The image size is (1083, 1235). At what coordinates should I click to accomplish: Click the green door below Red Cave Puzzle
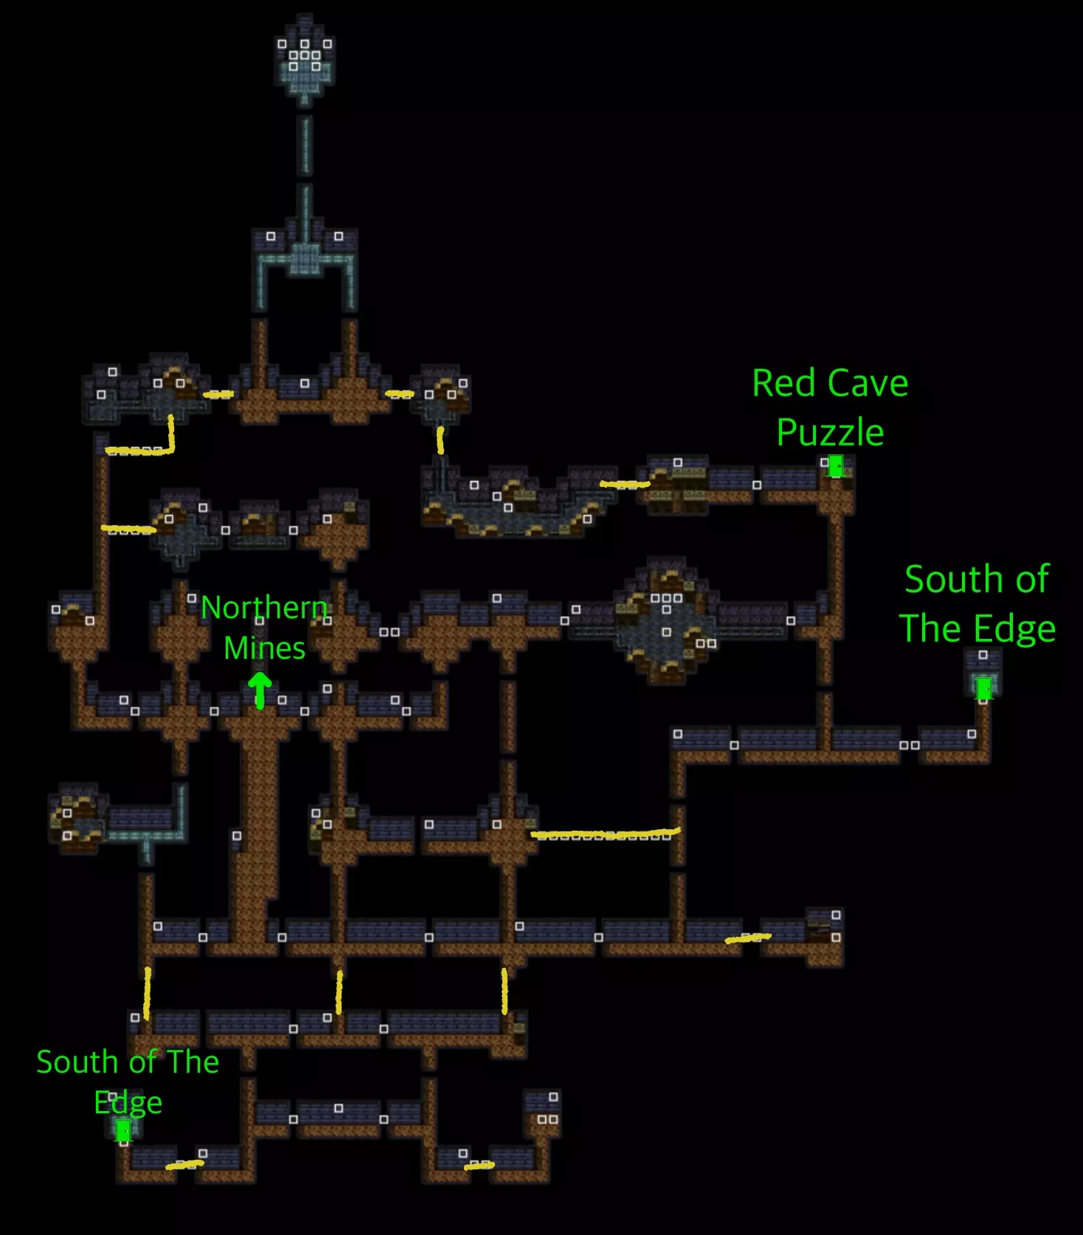pyautogui.click(x=836, y=466)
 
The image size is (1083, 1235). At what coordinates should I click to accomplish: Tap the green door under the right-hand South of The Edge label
pyautogui.click(x=983, y=688)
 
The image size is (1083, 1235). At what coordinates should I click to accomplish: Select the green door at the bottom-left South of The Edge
pyautogui.click(x=123, y=1130)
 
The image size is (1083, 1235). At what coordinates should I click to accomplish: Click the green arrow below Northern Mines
pyautogui.click(x=259, y=690)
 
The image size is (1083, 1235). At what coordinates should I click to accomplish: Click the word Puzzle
pyautogui.click(x=830, y=432)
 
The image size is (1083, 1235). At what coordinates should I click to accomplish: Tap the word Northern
pyautogui.click(x=264, y=608)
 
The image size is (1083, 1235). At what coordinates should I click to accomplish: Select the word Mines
pyautogui.click(x=264, y=648)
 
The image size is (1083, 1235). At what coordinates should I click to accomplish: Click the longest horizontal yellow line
pyautogui.click(x=605, y=834)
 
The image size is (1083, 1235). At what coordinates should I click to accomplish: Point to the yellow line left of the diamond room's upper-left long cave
pyautogui.click(x=624, y=485)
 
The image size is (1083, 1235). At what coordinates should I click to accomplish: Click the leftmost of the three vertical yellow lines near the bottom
pyautogui.click(x=148, y=992)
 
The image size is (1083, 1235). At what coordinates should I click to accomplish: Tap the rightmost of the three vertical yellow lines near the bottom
pyautogui.click(x=505, y=991)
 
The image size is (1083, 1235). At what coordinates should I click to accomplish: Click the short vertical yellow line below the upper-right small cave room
pyautogui.click(x=440, y=440)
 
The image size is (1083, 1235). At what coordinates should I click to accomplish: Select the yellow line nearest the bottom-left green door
pyautogui.click(x=184, y=1165)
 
